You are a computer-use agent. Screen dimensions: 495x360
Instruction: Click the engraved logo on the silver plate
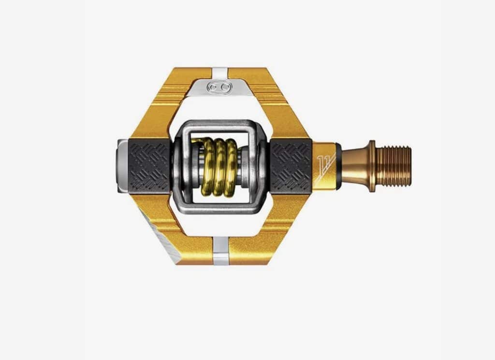(220, 88)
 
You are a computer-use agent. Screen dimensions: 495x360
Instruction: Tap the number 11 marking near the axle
(324, 166)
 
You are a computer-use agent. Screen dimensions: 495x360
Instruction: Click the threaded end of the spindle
(393, 166)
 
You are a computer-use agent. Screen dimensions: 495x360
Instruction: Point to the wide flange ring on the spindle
(371, 166)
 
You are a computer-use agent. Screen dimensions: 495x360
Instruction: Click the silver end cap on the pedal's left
(123, 166)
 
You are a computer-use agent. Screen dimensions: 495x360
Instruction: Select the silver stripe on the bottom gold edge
(220, 251)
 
